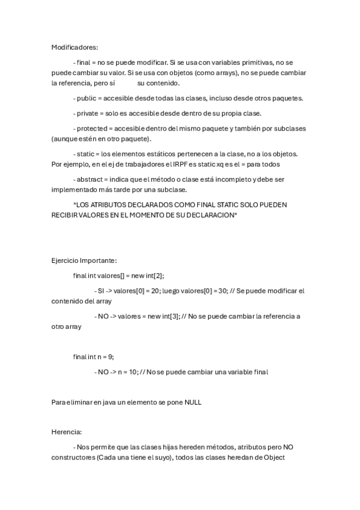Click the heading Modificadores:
point(75,47)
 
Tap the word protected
point(91,128)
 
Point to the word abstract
point(90,179)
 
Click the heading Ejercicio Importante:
point(84,260)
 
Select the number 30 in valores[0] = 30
point(222,290)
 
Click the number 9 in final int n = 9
point(111,357)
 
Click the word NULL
point(192,402)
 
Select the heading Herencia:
point(67,432)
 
